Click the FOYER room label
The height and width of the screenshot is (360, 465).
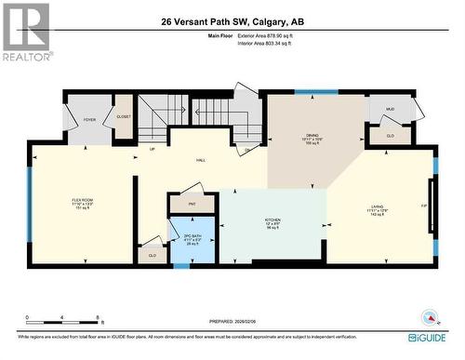point(90,120)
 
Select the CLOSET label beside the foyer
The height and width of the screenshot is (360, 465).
point(124,116)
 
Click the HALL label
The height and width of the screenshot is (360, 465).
point(200,160)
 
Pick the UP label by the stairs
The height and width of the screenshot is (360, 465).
point(152,148)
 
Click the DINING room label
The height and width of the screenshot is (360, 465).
point(312,137)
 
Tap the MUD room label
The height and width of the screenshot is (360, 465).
point(390,110)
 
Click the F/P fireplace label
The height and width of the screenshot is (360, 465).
point(425,206)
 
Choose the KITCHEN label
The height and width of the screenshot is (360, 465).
point(273,221)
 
